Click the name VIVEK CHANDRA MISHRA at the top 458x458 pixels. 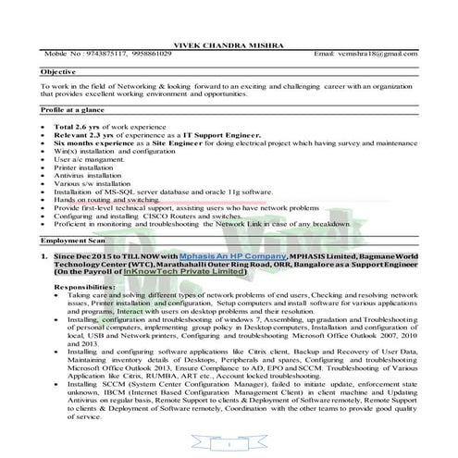229,43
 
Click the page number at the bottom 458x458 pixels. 229,446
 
